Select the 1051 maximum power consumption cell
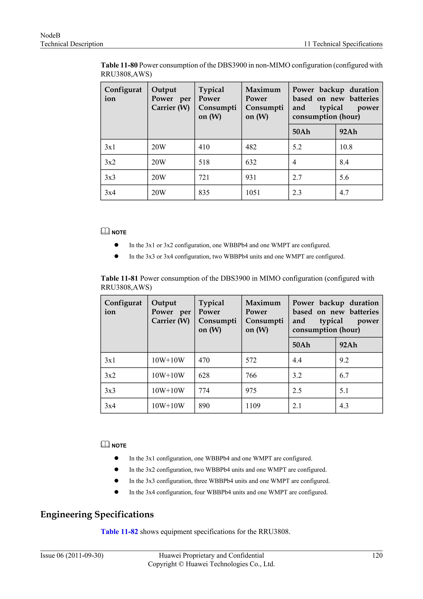pos(253,193)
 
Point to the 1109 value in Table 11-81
pos(253,406)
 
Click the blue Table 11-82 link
pos(119,532)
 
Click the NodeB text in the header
pos(50,35)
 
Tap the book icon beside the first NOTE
pos(105,231)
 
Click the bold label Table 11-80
pos(119,65)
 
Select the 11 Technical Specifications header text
pos(343,44)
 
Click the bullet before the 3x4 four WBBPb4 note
pos(116,492)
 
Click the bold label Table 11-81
pos(119,278)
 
